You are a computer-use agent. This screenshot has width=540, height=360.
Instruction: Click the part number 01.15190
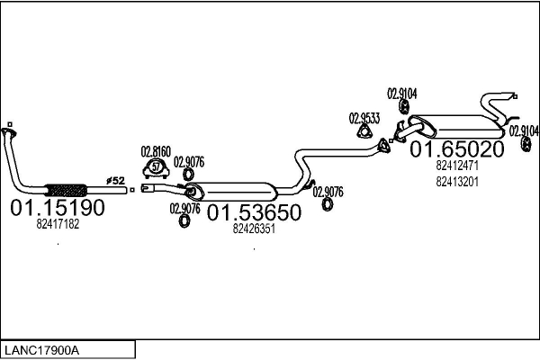tap(58, 209)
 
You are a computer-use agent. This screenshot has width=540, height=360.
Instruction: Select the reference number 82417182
tap(58, 225)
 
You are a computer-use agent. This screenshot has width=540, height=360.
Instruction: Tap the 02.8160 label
tap(155, 151)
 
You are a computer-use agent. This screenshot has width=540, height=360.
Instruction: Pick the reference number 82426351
tap(253, 229)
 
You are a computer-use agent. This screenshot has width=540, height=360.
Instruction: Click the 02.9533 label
tap(364, 117)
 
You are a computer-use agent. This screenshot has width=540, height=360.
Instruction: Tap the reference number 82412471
tap(456, 166)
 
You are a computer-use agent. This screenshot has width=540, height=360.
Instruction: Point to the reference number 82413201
tap(456, 181)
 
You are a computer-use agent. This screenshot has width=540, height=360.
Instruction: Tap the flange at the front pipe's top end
tap(9, 127)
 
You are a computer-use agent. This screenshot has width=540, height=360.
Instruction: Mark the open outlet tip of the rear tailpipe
tap(514, 94)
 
